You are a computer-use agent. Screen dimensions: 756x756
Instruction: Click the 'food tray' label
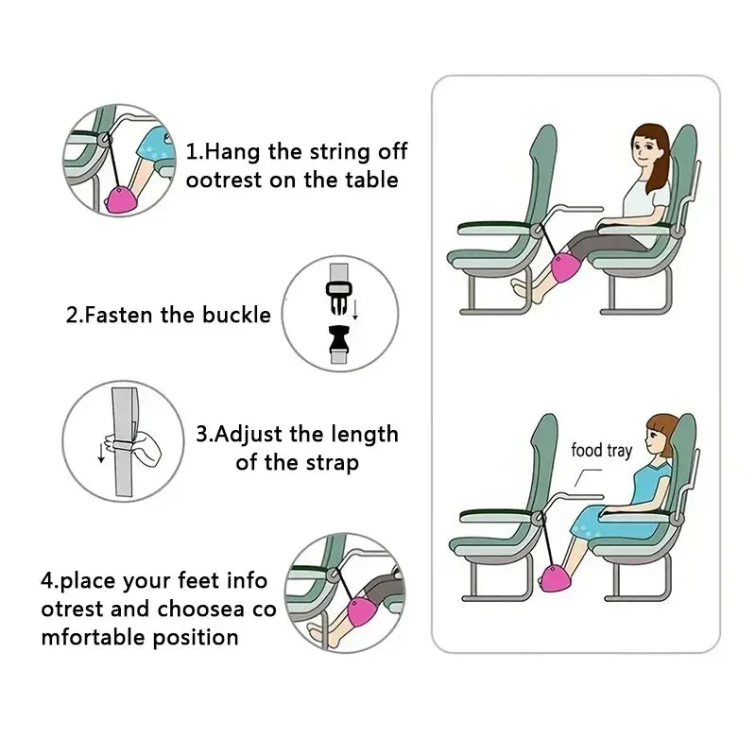(x=601, y=450)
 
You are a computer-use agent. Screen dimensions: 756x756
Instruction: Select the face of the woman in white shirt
(x=646, y=149)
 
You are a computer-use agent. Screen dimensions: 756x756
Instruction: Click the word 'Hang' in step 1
(x=232, y=152)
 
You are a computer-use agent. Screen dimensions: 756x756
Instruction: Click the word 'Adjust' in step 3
(x=249, y=435)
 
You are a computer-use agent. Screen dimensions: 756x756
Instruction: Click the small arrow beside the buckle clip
(x=357, y=307)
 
